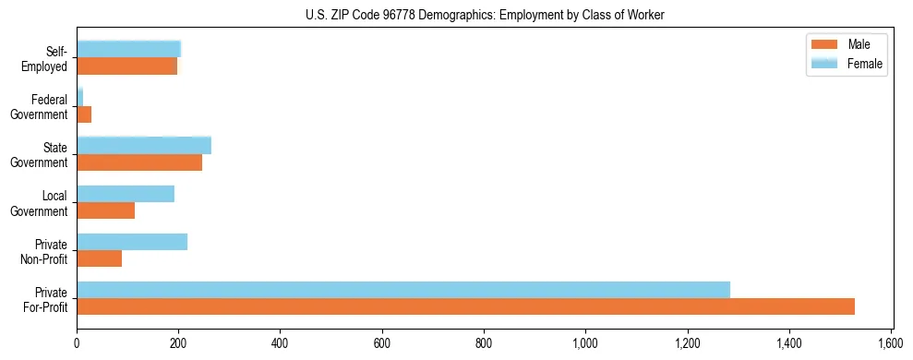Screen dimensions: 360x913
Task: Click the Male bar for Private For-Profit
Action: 465,306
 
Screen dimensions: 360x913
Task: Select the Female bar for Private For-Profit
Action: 403,290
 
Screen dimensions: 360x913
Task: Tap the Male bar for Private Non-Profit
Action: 99,258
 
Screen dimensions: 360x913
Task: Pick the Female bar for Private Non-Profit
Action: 132,242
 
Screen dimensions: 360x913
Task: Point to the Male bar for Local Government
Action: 105,210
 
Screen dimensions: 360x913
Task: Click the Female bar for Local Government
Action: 126,194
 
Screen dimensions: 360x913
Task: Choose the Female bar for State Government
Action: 144,146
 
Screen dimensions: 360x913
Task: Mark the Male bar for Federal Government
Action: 84,114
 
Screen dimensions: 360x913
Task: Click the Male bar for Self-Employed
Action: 126,66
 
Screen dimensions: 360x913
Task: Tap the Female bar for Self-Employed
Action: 128,50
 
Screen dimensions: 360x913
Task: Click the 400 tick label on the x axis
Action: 280,344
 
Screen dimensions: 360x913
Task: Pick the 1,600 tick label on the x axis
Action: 891,344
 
